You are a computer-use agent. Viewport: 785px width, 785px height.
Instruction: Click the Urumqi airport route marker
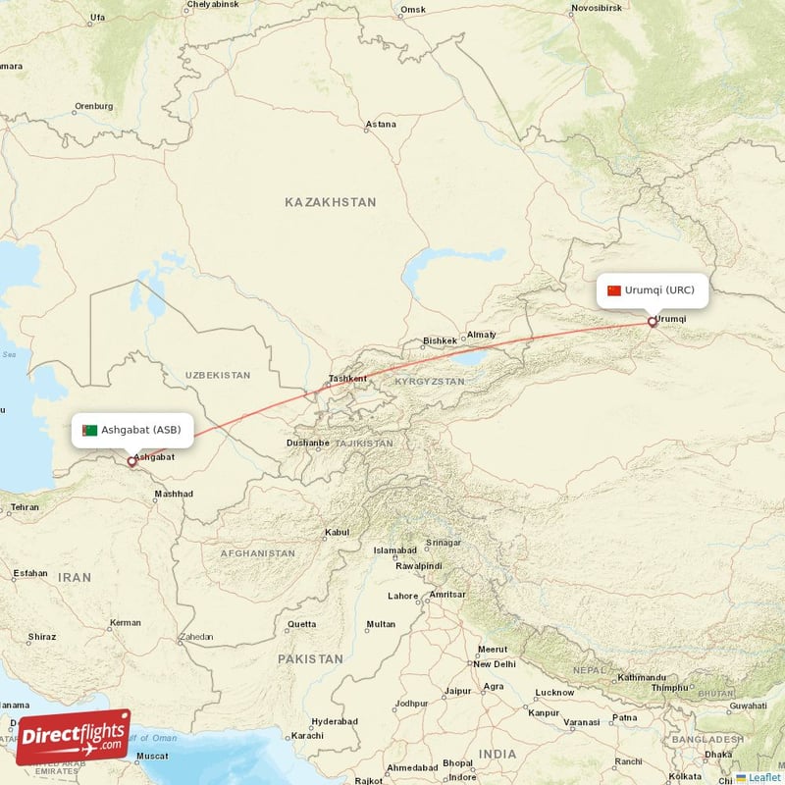[x=652, y=321]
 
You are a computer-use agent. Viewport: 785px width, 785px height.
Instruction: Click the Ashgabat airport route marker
[x=131, y=460]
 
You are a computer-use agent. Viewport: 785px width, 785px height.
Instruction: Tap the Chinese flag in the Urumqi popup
[x=614, y=290]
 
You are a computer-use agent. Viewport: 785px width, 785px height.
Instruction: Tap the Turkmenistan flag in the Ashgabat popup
[x=89, y=430]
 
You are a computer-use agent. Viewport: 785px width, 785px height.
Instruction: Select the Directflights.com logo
[x=73, y=737]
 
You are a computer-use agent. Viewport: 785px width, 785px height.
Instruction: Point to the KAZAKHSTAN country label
[x=330, y=202]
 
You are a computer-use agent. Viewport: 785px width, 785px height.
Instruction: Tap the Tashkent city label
[x=347, y=379]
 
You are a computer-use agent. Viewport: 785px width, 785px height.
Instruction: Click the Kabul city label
[x=337, y=533]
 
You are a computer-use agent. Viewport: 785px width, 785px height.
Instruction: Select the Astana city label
[x=381, y=125]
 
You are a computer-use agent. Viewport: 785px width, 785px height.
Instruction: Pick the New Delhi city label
[x=496, y=664]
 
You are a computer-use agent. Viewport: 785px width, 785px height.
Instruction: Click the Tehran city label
[x=24, y=507]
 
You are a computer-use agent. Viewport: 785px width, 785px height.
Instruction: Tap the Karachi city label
[x=306, y=735]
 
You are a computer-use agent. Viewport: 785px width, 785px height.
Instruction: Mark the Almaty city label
[x=481, y=335]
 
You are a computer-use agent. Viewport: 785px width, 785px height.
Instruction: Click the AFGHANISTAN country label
[x=257, y=553]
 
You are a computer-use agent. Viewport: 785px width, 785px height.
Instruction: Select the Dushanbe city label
[x=308, y=443]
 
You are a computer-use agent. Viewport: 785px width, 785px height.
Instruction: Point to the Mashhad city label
[x=174, y=494]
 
